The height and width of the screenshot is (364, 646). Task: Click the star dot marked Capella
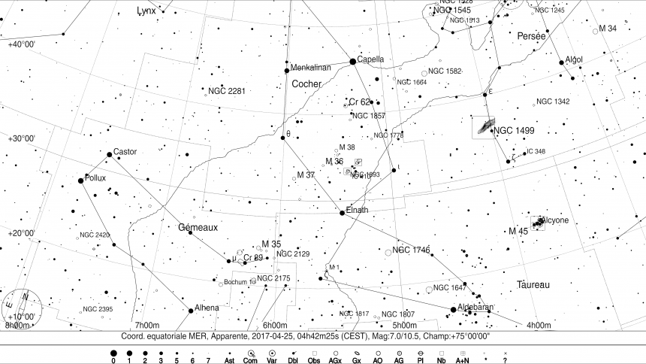pyautogui.click(x=352, y=62)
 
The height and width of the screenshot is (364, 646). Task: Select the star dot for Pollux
pyautogui.click(x=80, y=180)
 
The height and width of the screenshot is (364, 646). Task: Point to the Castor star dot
pyautogui.click(x=110, y=154)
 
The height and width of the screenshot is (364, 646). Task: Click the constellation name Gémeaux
pyautogui.click(x=198, y=227)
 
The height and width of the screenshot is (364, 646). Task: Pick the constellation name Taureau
pyautogui.click(x=533, y=285)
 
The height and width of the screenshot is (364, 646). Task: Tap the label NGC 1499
pyautogui.click(x=515, y=131)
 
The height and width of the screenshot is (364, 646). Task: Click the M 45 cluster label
pyautogui.click(x=518, y=231)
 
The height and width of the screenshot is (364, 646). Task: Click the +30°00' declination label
pyautogui.click(x=22, y=138)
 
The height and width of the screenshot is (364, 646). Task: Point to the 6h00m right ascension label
pyautogui.click(x=276, y=325)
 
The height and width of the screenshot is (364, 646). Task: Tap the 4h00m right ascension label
pyautogui.click(x=539, y=325)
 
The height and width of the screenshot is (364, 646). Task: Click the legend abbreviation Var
pyautogui.click(x=272, y=361)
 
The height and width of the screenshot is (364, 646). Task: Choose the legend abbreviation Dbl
pyautogui.click(x=293, y=361)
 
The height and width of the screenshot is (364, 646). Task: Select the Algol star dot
pyautogui.click(x=561, y=62)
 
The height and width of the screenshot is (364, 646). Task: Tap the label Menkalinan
pyautogui.click(x=310, y=68)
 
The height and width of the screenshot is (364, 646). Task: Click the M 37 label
pyautogui.click(x=306, y=174)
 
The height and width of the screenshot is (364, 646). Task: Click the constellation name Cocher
pyautogui.click(x=306, y=83)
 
